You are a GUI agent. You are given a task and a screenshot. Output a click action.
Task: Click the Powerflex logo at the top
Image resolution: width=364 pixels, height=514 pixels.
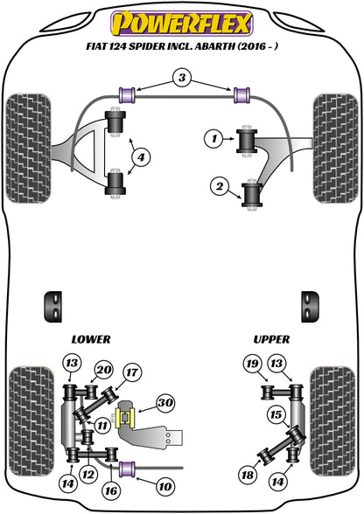point(182,18)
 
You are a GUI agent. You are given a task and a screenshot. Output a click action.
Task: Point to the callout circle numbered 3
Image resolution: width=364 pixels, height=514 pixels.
point(181,80)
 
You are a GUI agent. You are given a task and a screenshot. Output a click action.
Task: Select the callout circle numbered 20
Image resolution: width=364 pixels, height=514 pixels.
point(104,393)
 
